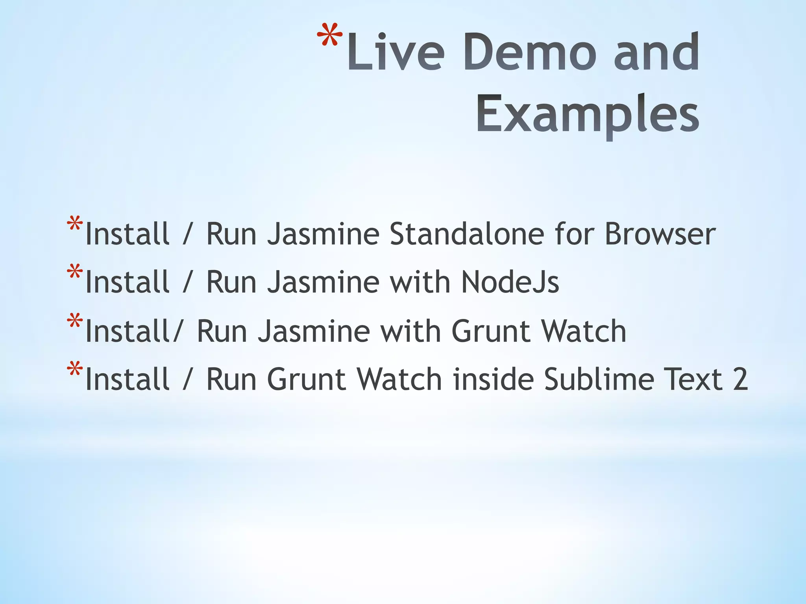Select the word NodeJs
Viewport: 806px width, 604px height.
[510, 282]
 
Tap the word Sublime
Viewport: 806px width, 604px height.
[598, 379]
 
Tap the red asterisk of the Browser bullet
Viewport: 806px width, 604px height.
[74, 225]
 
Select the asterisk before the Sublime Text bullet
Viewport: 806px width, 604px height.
[74, 370]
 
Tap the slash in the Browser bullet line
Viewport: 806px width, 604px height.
[188, 235]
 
